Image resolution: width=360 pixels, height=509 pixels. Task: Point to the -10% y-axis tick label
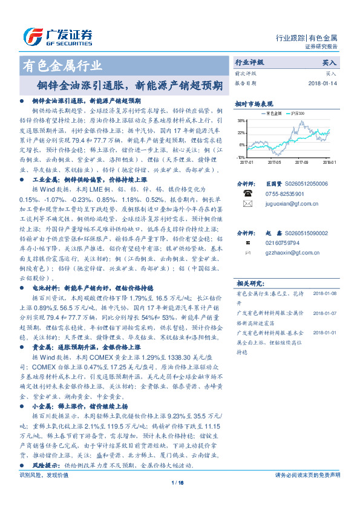pos(240,157)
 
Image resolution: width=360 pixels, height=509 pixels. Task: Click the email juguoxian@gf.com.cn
pos(290,204)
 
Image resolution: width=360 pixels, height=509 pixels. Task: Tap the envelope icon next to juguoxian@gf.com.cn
pos(247,204)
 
